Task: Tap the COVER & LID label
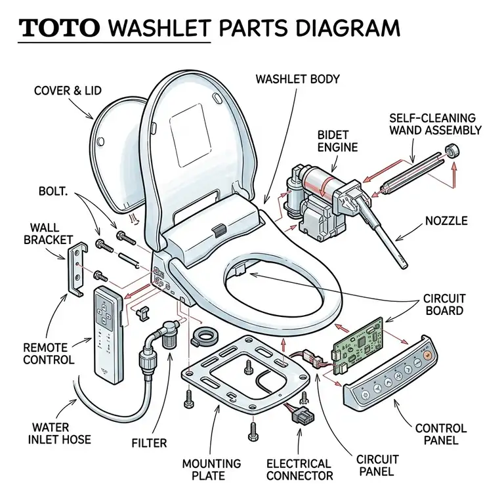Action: (x=68, y=91)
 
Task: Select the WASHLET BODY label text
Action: (x=297, y=79)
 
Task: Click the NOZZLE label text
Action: (x=445, y=221)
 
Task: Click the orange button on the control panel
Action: (x=427, y=354)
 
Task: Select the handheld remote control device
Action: (x=108, y=335)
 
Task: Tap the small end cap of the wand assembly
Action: (x=451, y=153)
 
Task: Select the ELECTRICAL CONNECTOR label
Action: (x=299, y=470)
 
